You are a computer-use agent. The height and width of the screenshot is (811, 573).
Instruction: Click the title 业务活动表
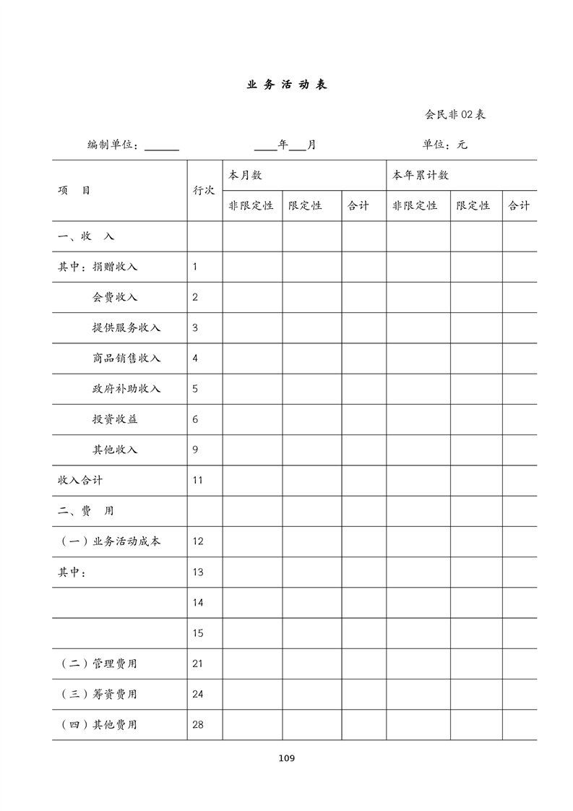coord(287,85)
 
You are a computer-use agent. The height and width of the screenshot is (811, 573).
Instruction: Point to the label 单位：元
coord(444,145)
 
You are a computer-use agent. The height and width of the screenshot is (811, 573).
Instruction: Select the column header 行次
coord(204,191)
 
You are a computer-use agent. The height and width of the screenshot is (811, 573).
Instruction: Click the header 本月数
coord(245,176)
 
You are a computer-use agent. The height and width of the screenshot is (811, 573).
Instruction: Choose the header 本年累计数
coord(420,176)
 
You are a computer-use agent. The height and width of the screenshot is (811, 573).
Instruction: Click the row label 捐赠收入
coord(115,267)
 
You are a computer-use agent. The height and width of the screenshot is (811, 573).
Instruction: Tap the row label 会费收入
coord(115,297)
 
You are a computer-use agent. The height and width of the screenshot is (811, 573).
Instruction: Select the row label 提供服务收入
coord(126,327)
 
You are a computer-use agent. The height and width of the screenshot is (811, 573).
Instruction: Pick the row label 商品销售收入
coord(126,359)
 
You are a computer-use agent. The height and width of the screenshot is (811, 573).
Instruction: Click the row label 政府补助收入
coord(126,389)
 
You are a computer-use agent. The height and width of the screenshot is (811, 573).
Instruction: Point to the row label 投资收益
coord(115,419)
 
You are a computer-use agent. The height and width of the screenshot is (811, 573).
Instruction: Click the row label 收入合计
coord(80,481)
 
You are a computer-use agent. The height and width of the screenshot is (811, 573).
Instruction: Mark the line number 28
coord(198,725)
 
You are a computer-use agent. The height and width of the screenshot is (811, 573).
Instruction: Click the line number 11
coord(198,481)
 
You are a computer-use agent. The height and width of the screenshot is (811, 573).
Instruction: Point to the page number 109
coord(286,758)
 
